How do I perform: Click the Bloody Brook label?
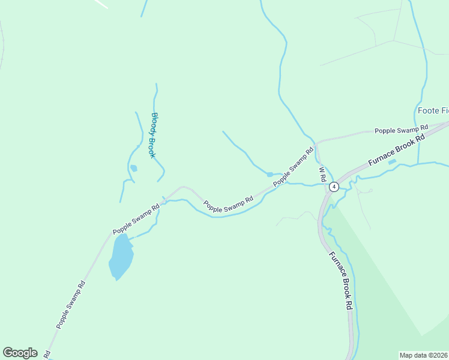(x=153, y=136)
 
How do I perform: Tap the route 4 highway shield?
(x=334, y=187)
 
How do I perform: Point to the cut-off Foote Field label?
(x=432, y=110)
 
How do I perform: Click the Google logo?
(x=20, y=353)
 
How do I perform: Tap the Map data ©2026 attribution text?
(x=424, y=355)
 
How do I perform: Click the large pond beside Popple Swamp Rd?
(x=120, y=256)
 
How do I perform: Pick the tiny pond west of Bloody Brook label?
(x=133, y=168)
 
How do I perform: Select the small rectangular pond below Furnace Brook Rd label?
(x=392, y=161)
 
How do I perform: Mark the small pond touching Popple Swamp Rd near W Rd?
(x=270, y=175)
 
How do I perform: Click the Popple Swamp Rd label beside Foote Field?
(x=400, y=129)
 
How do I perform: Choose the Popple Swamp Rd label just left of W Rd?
(x=294, y=166)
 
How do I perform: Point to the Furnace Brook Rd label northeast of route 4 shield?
(x=396, y=150)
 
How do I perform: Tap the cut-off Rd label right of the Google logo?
(x=47, y=355)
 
